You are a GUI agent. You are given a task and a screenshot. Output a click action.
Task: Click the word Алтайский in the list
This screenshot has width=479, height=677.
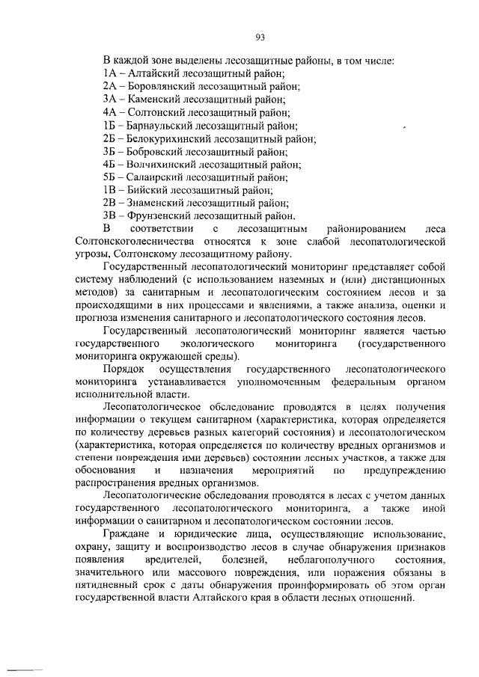(x=153, y=73)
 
